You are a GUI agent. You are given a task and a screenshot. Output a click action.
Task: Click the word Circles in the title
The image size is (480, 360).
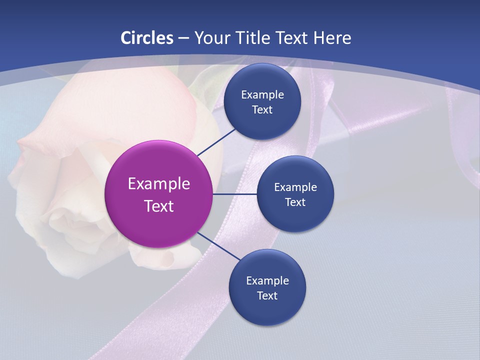[147, 38]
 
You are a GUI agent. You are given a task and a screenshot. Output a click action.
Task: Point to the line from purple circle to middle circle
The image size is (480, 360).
[235, 194]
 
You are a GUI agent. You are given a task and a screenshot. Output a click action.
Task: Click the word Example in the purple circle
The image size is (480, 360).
[159, 184]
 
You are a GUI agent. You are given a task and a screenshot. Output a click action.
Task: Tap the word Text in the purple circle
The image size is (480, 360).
[159, 206]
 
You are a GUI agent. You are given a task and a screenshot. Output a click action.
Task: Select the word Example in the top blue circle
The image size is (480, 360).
[262, 95]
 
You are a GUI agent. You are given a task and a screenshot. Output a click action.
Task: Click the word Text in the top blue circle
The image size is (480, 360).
[262, 110]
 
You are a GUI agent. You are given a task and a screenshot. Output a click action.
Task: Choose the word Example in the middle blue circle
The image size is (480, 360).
[295, 187]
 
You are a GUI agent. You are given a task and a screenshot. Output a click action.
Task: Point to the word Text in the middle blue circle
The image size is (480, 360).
[295, 202]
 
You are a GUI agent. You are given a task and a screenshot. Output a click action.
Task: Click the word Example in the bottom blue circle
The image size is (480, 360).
[267, 281]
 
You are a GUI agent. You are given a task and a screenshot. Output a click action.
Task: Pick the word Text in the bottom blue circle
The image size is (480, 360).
[267, 296]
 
